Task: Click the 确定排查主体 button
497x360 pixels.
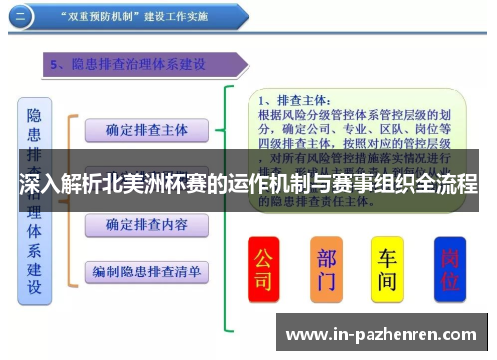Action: click(x=146, y=129)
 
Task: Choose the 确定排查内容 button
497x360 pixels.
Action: click(x=146, y=225)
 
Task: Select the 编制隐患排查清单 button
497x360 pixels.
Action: click(x=146, y=270)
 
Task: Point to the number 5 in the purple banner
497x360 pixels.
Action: click(x=58, y=65)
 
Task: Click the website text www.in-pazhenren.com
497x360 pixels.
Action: click(x=386, y=333)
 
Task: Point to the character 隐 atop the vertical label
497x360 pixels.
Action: click(x=34, y=117)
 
